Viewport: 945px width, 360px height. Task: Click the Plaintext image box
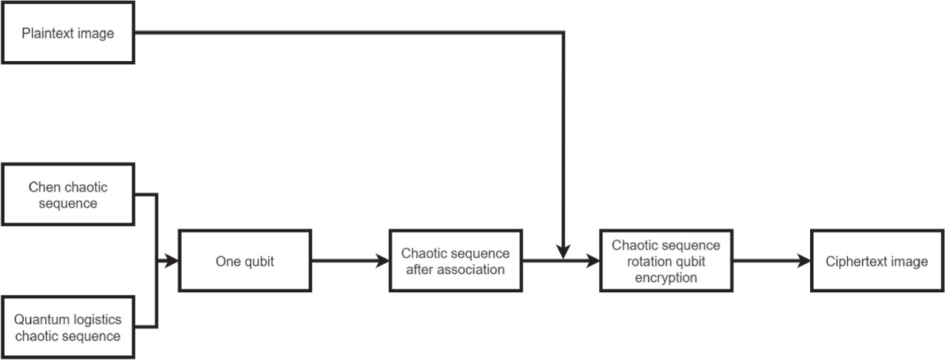coord(68,33)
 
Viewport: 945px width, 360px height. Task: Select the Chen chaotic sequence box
coord(69,195)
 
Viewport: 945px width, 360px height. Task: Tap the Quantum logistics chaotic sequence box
coord(69,326)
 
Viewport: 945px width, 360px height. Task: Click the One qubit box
coord(244,261)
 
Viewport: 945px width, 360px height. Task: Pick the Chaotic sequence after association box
coord(455,261)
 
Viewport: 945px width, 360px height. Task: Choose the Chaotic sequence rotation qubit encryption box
coord(666,261)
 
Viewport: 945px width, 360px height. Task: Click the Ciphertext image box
coord(876,261)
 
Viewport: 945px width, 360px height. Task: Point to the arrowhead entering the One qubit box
coord(172,261)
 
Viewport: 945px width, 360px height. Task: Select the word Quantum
coord(41,320)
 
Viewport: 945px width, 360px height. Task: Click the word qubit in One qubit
coord(259,261)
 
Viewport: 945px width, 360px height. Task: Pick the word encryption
coord(666,277)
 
